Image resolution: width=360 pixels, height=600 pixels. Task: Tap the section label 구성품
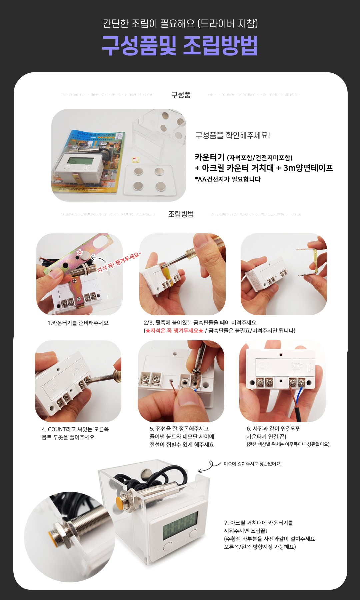pyautogui.click(x=181, y=95)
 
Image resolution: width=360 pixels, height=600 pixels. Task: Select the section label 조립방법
pyautogui.click(x=181, y=214)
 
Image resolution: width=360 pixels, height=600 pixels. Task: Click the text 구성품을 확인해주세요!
pyautogui.click(x=233, y=135)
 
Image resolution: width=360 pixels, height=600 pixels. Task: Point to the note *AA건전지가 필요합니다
pyautogui.click(x=228, y=179)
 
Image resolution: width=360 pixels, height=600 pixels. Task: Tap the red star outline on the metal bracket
pyautogui.click(x=80, y=252)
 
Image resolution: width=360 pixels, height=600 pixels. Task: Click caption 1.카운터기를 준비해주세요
pyautogui.click(x=78, y=323)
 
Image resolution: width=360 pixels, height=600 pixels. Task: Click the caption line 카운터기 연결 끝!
pyautogui.click(x=266, y=436)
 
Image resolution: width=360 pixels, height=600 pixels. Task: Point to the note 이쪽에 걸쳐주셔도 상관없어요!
pyautogui.click(x=252, y=464)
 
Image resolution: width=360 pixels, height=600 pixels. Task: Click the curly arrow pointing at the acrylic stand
pyautogui.click(x=209, y=467)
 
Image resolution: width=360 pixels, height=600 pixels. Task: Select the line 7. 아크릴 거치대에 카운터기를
pyautogui.click(x=258, y=523)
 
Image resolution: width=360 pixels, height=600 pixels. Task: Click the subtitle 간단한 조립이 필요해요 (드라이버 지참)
pyautogui.click(x=180, y=23)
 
